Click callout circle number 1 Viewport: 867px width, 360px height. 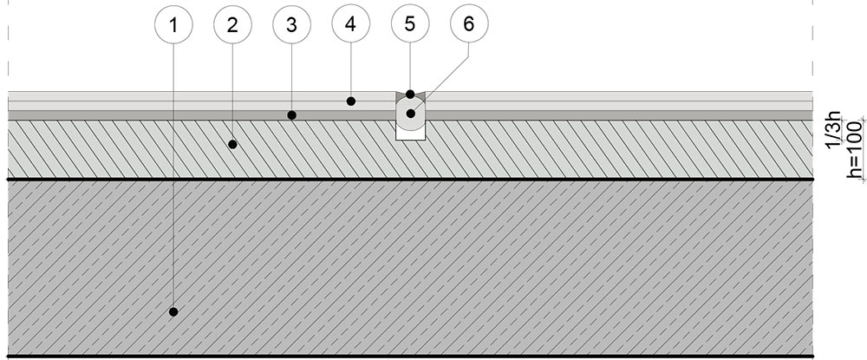tap(174, 25)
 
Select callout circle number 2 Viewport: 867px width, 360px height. tap(231, 25)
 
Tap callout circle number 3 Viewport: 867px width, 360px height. tap(291, 25)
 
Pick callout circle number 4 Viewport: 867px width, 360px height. tap(350, 25)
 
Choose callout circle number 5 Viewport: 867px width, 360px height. tap(409, 25)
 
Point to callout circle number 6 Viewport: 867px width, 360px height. tap(468, 25)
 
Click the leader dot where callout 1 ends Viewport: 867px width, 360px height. tap(173, 311)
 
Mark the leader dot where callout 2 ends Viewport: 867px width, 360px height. tap(231, 145)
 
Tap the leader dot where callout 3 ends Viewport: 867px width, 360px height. tap(292, 115)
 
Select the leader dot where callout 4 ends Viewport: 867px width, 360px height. tap(351, 101)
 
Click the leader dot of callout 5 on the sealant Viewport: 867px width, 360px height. tap(409, 93)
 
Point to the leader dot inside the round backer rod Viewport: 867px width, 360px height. tap(410, 114)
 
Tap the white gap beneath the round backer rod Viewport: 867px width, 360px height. tap(409, 133)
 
